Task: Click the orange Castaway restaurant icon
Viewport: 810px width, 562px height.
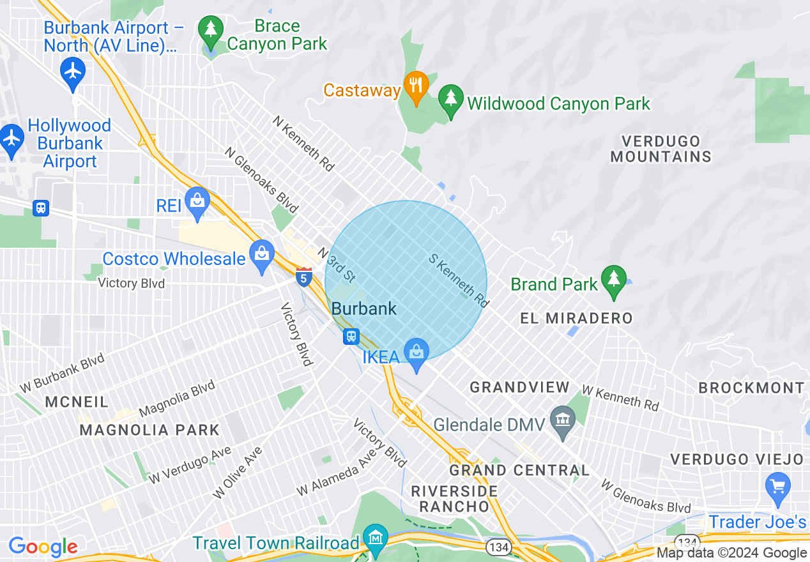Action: [x=416, y=86]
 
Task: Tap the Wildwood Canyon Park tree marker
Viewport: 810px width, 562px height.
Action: [x=451, y=100]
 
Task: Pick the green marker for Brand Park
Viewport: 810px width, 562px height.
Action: [x=613, y=280]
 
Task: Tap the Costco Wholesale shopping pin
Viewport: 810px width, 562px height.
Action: [x=262, y=255]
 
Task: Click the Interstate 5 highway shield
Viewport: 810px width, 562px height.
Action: [x=304, y=277]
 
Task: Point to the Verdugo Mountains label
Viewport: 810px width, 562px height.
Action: [x=661, y=149]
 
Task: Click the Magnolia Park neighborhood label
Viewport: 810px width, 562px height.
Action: [x=149, y=430]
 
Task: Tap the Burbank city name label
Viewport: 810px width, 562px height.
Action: [x=364, y=309]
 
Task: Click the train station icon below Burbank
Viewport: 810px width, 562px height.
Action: [x=351, y=336]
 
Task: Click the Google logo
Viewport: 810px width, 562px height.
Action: [x=43, y=547]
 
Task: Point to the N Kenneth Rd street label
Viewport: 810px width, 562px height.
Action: [x=303, y=143]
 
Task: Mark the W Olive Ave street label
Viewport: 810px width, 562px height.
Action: [x=238, y=473]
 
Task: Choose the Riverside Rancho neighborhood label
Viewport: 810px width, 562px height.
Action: [x=454, y=499]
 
